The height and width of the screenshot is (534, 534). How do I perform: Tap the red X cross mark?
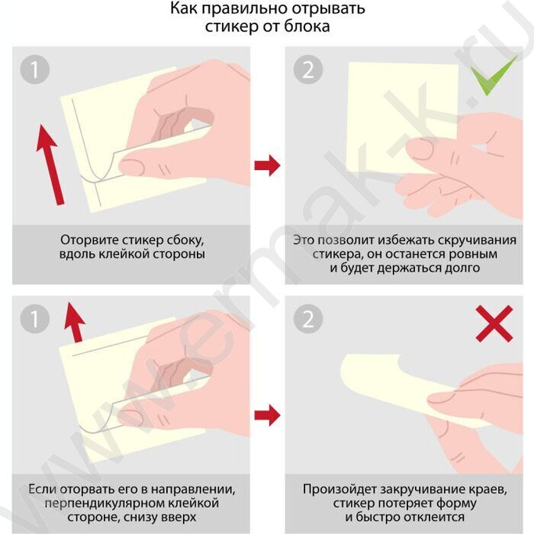pos(494,323)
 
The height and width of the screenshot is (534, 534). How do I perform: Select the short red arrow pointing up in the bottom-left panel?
pos(75,322)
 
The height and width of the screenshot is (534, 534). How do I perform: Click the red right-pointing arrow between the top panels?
pos(267,166)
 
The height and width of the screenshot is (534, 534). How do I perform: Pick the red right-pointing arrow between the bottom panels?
pos(267,415)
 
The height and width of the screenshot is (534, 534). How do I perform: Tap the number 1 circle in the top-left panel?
pos(35,69)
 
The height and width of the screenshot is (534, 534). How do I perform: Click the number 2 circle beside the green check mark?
pos(308,69)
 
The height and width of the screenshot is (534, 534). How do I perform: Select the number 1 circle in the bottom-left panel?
pos(35,319)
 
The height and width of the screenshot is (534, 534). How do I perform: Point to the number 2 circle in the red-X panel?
pos(308,319)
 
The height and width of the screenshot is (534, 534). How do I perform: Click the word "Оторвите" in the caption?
pos(89,240)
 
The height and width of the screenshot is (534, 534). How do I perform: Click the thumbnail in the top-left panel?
pos(132,166)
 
